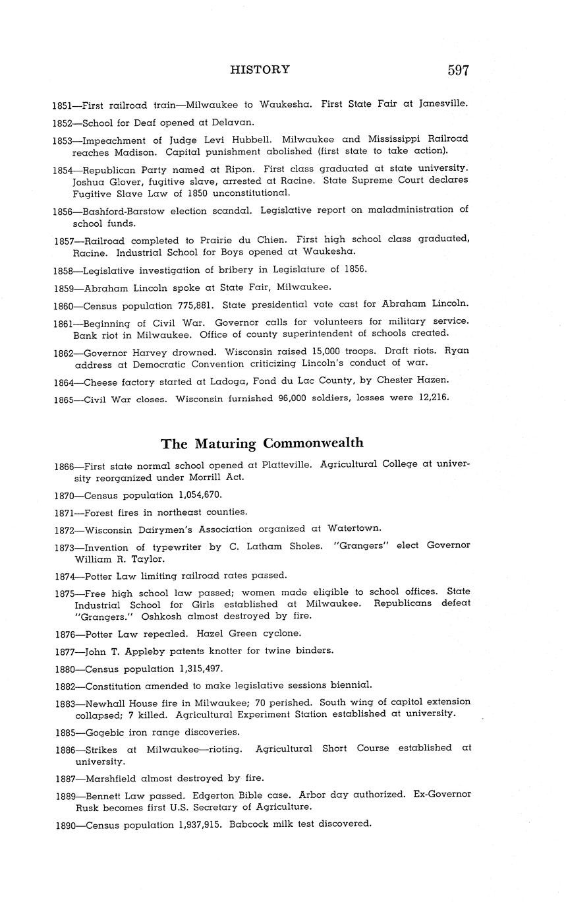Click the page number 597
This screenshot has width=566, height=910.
coord(458,71)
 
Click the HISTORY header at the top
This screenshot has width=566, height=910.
coord(260,69)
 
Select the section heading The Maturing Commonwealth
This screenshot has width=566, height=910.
coord(262,442)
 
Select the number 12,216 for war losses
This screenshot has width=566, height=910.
coord(432,398)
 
